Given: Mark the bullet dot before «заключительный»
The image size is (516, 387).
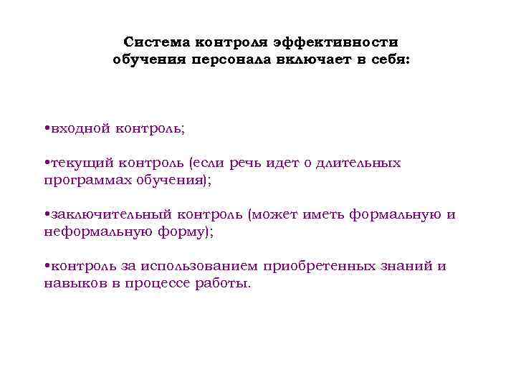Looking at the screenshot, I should (x=46, y=215).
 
